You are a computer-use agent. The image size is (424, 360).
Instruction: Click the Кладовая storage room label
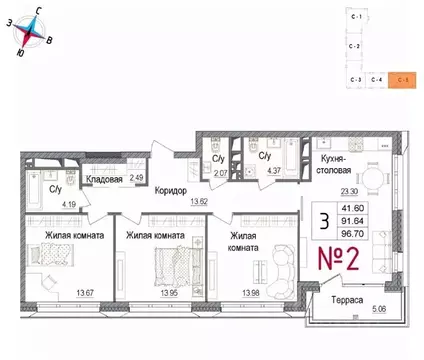pos(103,180)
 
